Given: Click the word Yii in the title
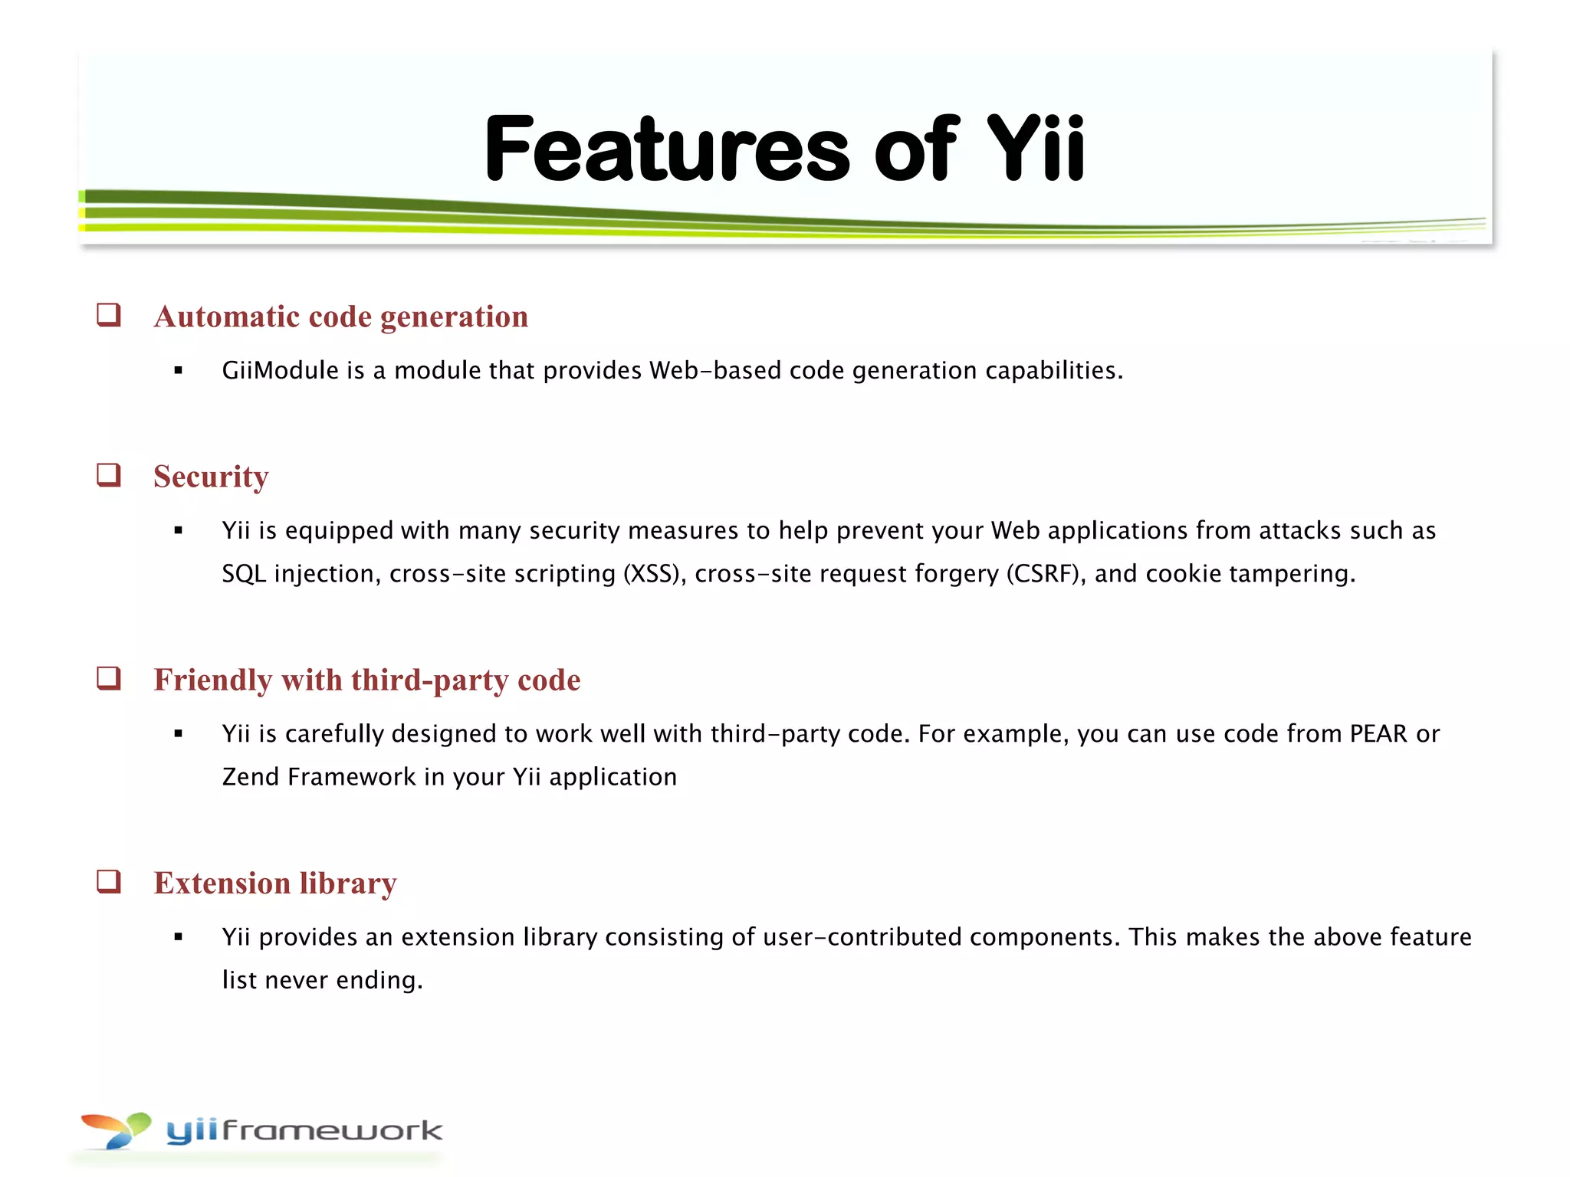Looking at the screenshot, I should click(1035, 149).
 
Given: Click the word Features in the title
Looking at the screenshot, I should click(667, 149).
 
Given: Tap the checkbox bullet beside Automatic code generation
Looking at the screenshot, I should click(109, 315).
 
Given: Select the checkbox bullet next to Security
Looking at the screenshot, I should click(109, 475).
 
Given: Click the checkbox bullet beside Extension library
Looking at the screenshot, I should click(109, 881).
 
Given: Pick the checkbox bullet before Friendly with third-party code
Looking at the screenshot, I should click(109, 678).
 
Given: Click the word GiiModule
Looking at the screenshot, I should click(280, 371).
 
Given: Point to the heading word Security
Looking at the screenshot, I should click(211, 477).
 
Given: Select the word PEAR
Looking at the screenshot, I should click(1378, 734).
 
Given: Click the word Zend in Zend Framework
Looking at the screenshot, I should click(250, 777).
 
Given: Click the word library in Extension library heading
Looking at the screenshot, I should click(347, 884).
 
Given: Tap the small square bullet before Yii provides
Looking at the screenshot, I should click(179, 936).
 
